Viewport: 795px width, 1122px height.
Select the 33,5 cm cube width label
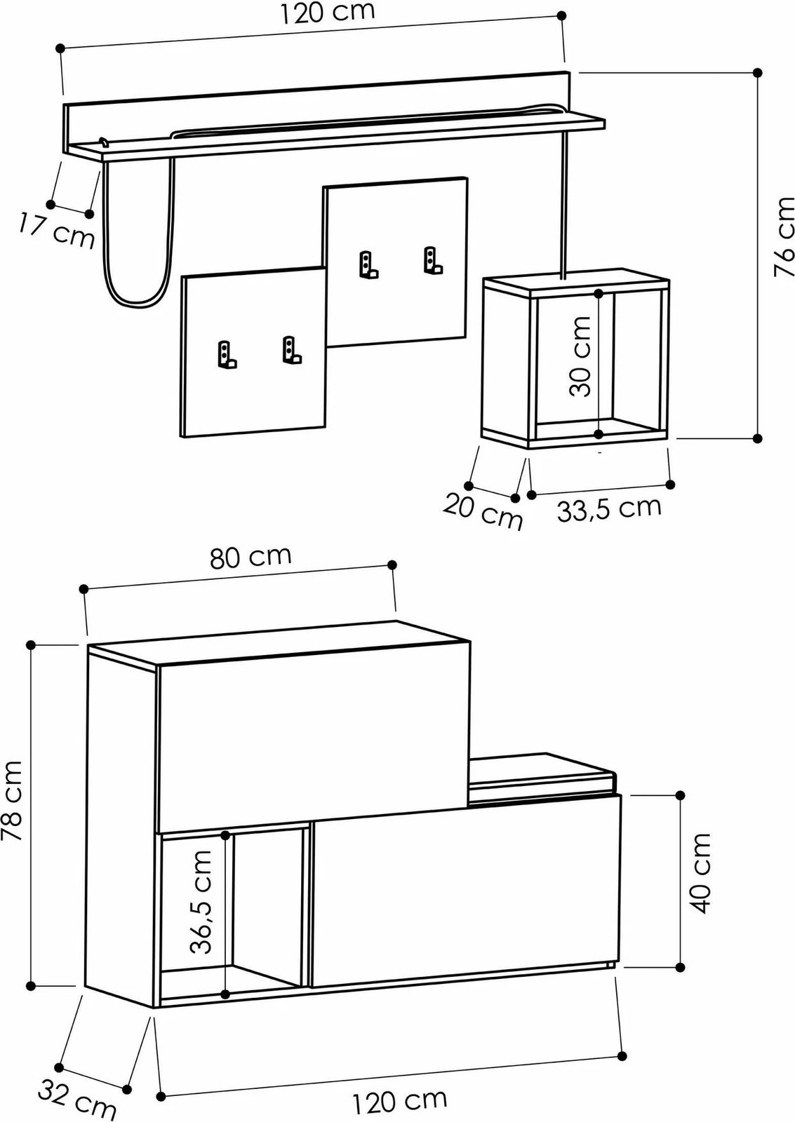pyautogui.click(x=609, y=508)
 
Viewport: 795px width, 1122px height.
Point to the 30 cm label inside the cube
pyautogui.click(x=581, y=356)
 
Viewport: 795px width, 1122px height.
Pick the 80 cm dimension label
pyautogui.click(x=250, y=557)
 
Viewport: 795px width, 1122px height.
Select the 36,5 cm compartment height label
pyautogui.click(x=201, y=902)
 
